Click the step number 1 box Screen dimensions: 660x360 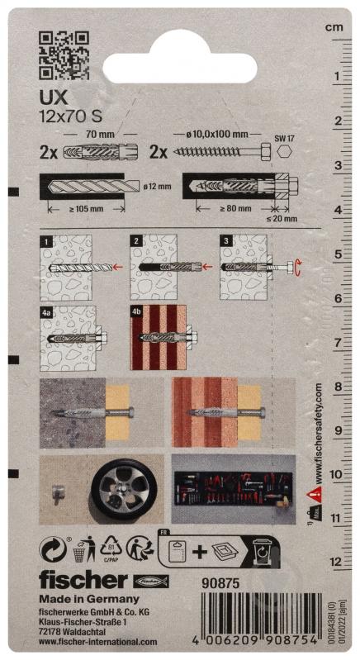(48, 240)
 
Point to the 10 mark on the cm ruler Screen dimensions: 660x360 (334, 474)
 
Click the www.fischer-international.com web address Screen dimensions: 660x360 (97, 642)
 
